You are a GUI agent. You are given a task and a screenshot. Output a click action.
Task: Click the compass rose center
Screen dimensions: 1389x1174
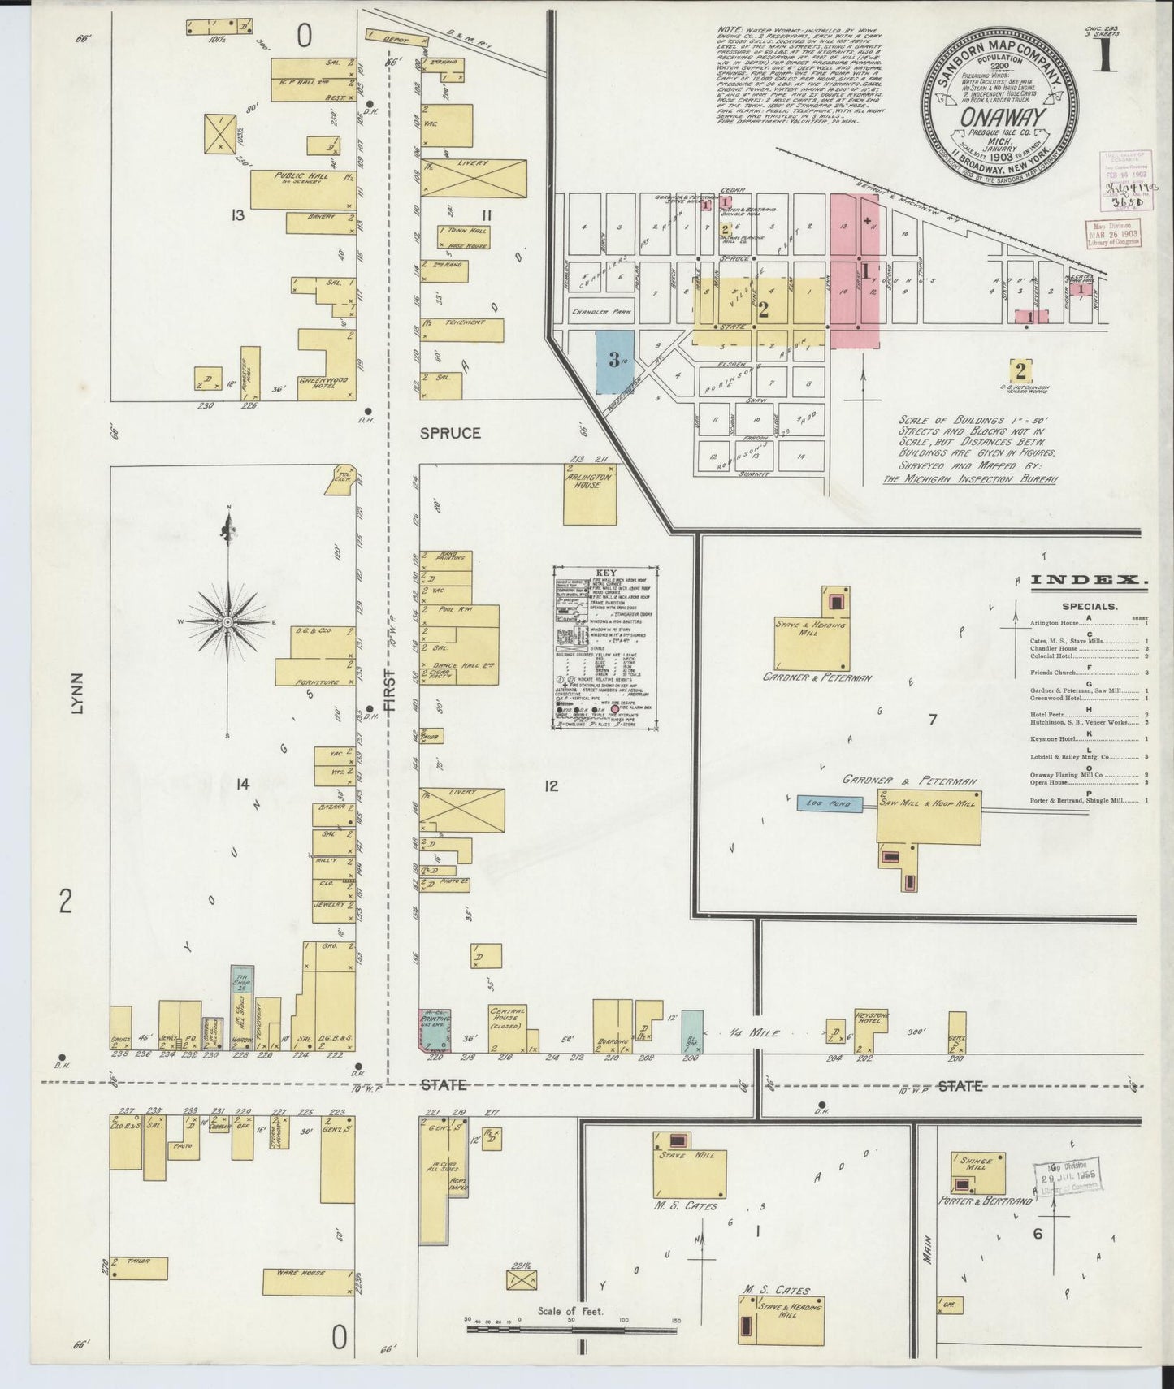(x=228, y=621)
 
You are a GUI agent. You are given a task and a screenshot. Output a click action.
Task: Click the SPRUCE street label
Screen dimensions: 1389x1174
(x=450, y=434)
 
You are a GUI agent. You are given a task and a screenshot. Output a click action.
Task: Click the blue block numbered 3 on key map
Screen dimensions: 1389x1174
(x=615, y=361)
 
